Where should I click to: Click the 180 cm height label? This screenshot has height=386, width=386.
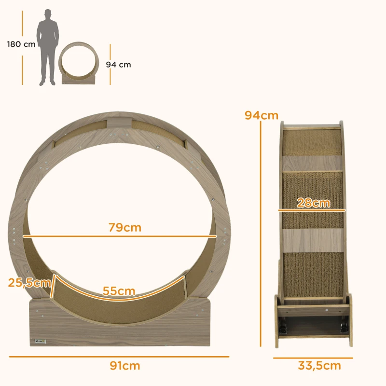[x=21, y=44]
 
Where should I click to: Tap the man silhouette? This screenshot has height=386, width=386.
[x=48, y=47]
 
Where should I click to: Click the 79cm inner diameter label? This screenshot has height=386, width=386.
[x=124, y=227]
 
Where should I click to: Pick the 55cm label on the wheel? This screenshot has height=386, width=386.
[x=119, y=291]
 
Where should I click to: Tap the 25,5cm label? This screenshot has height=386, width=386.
[x=29, y=283]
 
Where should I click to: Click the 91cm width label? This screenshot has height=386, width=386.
[x=125, y=366]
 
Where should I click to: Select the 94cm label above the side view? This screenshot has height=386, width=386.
[x=261, y=115]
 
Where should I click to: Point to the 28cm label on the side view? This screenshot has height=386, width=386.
[x=314, y=203]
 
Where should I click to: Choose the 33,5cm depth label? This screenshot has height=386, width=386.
[x=319, y=366]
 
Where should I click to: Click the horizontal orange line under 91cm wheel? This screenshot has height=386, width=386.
[x=119, y=357]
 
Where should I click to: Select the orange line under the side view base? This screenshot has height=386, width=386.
[x=313, y=358]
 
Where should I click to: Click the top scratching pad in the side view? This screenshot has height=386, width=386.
[x=312, y=143]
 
